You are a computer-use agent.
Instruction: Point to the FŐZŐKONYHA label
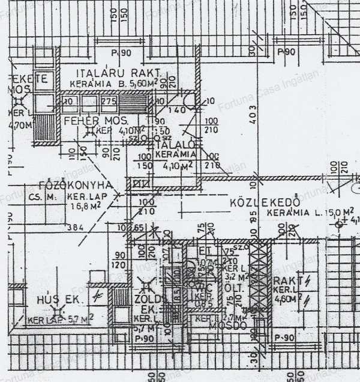coord(76,184)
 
